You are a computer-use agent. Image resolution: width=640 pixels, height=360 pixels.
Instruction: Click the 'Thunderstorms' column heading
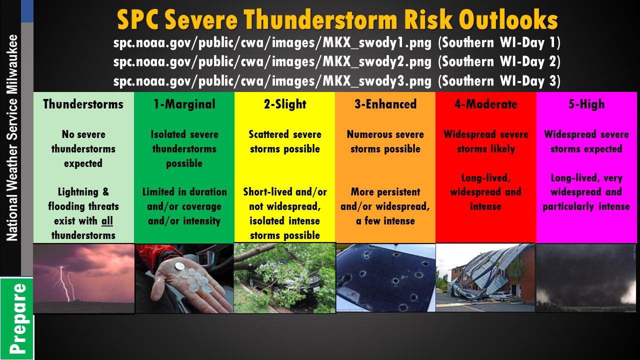point(83,104)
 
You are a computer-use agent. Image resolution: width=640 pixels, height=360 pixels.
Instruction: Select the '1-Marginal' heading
point(184,104)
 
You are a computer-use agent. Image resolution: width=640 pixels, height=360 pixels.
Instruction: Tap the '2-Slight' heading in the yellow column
point(285,104)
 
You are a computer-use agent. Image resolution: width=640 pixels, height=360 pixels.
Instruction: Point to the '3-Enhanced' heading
point(385,104)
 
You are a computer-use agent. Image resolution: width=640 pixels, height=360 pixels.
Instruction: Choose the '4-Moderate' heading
point(485,104)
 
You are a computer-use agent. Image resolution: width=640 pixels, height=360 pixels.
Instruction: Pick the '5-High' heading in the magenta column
point(586,104)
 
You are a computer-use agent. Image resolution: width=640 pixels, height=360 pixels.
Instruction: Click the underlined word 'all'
point(107,221)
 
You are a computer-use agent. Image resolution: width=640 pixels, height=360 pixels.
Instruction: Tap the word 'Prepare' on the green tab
point(17,318)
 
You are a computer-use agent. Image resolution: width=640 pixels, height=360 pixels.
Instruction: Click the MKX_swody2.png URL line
point(272,62)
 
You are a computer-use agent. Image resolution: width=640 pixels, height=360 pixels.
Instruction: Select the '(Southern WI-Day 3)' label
point(499,81)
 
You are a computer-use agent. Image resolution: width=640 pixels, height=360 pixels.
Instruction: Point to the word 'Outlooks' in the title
point(508,19)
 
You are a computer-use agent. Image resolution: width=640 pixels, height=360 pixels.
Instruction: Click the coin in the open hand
point(179,266)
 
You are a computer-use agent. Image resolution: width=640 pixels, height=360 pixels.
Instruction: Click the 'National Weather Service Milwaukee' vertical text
point(12,137)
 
